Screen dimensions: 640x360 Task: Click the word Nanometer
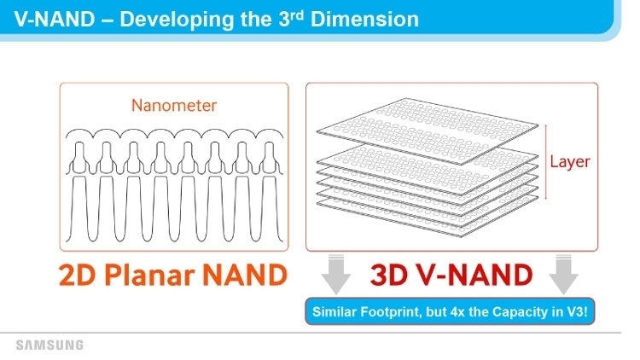[174, 105]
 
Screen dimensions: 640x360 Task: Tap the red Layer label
[570, 162]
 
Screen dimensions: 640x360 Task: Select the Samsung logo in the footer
[49, 345]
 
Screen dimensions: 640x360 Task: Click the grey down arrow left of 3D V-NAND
[336, 275]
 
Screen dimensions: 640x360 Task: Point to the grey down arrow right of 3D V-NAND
[564, 275]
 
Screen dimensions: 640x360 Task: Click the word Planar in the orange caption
[149, 275]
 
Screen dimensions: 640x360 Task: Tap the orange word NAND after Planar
[245, 275]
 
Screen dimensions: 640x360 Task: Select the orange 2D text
[78, 275]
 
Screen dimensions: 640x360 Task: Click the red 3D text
[388, 275]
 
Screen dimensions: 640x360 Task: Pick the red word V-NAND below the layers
[474, 275]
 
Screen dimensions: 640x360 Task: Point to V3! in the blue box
[577, 312]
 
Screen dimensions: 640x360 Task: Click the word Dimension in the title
[364, 19]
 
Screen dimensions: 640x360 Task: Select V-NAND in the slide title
[55, 19]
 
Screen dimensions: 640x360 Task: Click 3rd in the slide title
[291, 19]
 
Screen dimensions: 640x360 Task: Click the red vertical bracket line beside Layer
[546, 162]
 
